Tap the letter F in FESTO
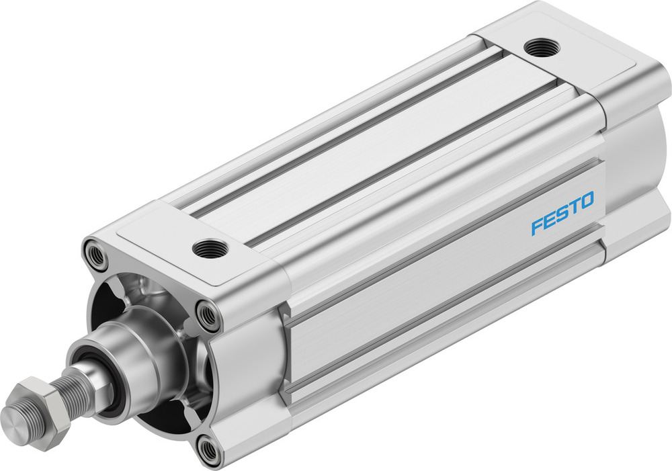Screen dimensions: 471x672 [x=537, y=225]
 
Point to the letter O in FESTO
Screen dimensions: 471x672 [x=586, y=201]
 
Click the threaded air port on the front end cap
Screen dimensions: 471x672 [x=210, y=248]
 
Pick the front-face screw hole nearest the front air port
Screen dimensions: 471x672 [x=208, y=314]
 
